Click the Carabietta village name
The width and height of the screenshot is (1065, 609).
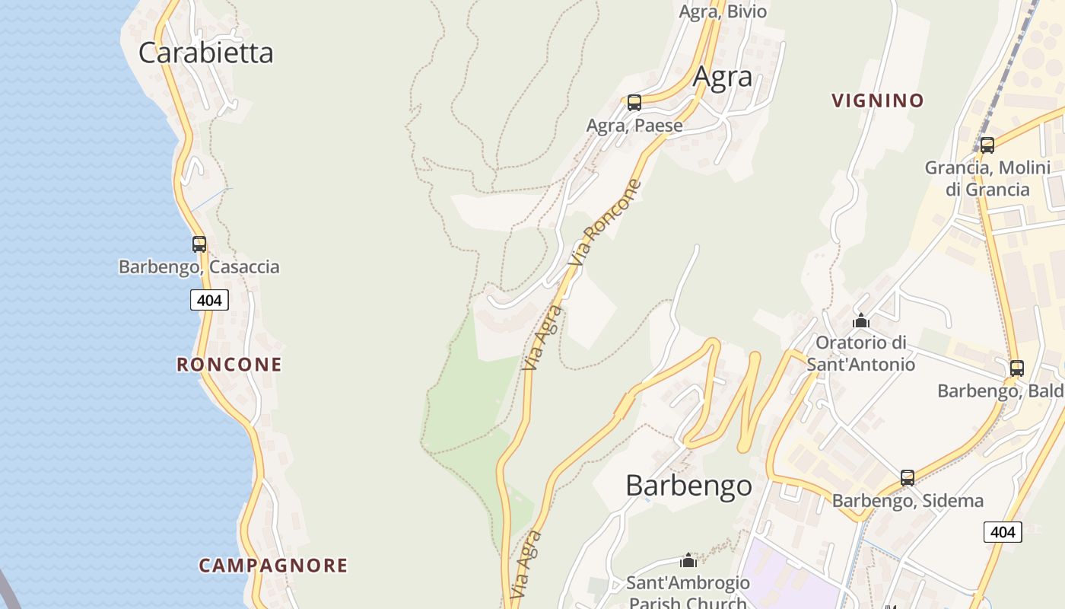pos(205,53)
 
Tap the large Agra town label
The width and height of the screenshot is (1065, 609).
pos(722,77)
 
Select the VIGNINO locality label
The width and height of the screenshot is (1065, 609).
pos(877,100)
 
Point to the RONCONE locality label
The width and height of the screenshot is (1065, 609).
pos(229,365)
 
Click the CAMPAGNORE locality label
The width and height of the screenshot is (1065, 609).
pos(273,566)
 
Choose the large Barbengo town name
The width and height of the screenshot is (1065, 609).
pos(688,486)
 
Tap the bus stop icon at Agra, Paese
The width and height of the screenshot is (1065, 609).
pos(634,102)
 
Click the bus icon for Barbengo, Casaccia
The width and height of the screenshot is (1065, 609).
pos(199,244)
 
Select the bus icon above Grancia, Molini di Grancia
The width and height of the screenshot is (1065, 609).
pos(987,145)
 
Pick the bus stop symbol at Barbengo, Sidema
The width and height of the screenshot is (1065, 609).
pos(907,478)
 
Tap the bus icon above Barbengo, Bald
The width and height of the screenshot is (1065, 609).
pos(1016,368)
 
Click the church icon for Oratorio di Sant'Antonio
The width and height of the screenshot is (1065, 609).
pos(860,320)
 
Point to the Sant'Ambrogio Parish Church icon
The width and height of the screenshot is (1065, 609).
pos(688,561)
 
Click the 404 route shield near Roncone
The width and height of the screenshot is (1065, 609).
pos(209,300)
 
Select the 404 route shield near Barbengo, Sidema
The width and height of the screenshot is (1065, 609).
pos(1002,531)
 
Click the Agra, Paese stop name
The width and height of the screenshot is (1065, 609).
pos(634,126)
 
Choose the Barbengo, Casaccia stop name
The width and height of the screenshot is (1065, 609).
pos(199,267)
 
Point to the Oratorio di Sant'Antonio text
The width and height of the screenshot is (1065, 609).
pos(860,353)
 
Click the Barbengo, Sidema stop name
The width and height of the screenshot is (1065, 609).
pos(908,501)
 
